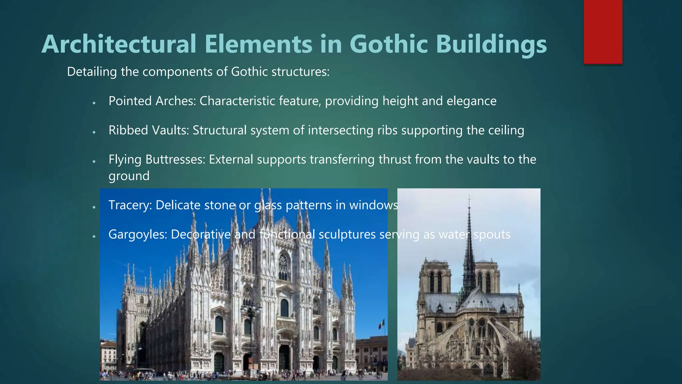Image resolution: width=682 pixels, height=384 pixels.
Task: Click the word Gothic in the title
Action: pos(388,44)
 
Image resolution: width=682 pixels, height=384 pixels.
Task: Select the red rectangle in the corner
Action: pos(603,32)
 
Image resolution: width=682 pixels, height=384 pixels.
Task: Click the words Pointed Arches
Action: pos(152,101)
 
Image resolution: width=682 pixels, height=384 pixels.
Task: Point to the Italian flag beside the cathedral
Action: pos(382,323)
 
